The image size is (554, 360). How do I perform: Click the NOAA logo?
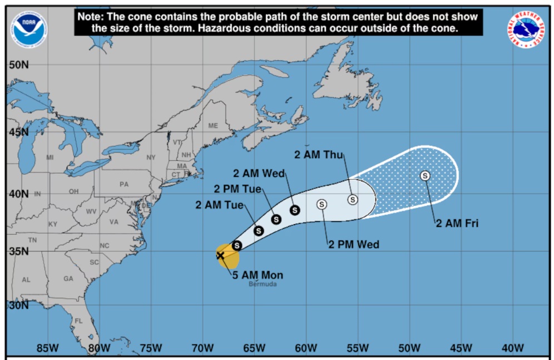click(x=28, y=27)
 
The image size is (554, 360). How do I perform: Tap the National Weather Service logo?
click(x=526, y=29)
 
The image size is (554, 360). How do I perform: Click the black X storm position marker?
click(x=220, y=255)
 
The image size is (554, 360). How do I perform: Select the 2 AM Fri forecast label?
click(x=457, y=224)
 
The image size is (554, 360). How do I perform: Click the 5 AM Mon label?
click(x=258, y=275)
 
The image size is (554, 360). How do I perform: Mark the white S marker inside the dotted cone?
click(x=425, y=176)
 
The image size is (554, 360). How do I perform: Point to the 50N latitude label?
click(x=18, y=65)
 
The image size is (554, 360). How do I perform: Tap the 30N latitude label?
click(x=18, y=305)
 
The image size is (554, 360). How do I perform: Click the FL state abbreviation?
click(x=78, y=321)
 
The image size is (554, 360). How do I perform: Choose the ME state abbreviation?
click(x=213, y=126)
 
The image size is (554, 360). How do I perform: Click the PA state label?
click(x=124, y=184)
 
